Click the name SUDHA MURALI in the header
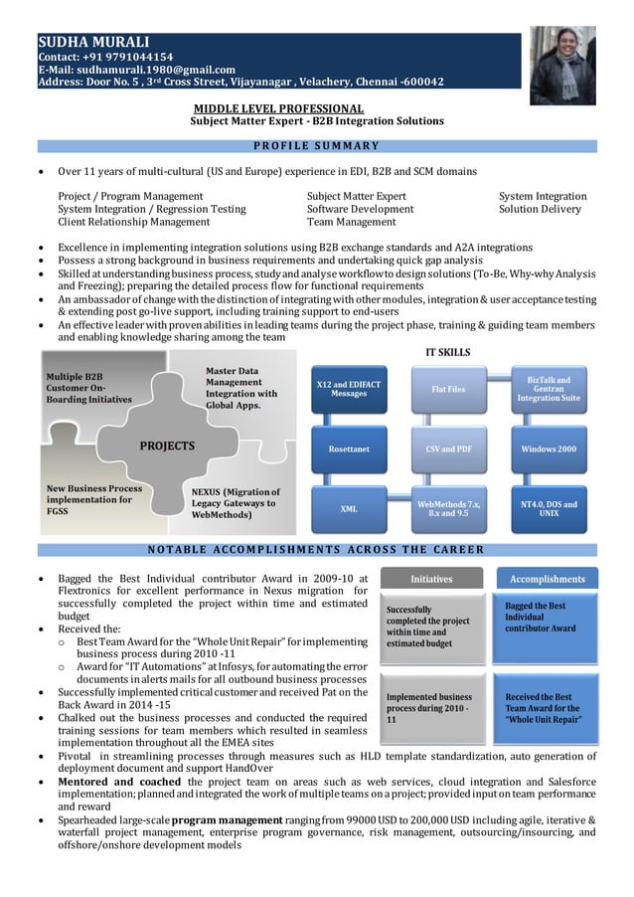pos(93,42)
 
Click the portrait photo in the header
pos(562,66)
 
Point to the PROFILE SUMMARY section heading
pos(316,146)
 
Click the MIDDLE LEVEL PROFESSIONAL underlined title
pos(278,107)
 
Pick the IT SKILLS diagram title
pos(447,351)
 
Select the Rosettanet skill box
pos(349,448)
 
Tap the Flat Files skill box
pos(448,389)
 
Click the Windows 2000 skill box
pos(549,448)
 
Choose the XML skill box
pos(349,508)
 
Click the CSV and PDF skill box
pos(448,448)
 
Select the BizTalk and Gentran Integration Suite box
pos(549,389)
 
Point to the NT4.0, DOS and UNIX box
pos(549,508)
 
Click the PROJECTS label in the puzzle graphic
pos(167,446)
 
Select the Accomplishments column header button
pos(547,579)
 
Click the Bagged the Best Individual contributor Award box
pos(546,618)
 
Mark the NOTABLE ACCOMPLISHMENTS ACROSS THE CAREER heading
pos(316,550)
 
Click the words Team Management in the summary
pos(351,223)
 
